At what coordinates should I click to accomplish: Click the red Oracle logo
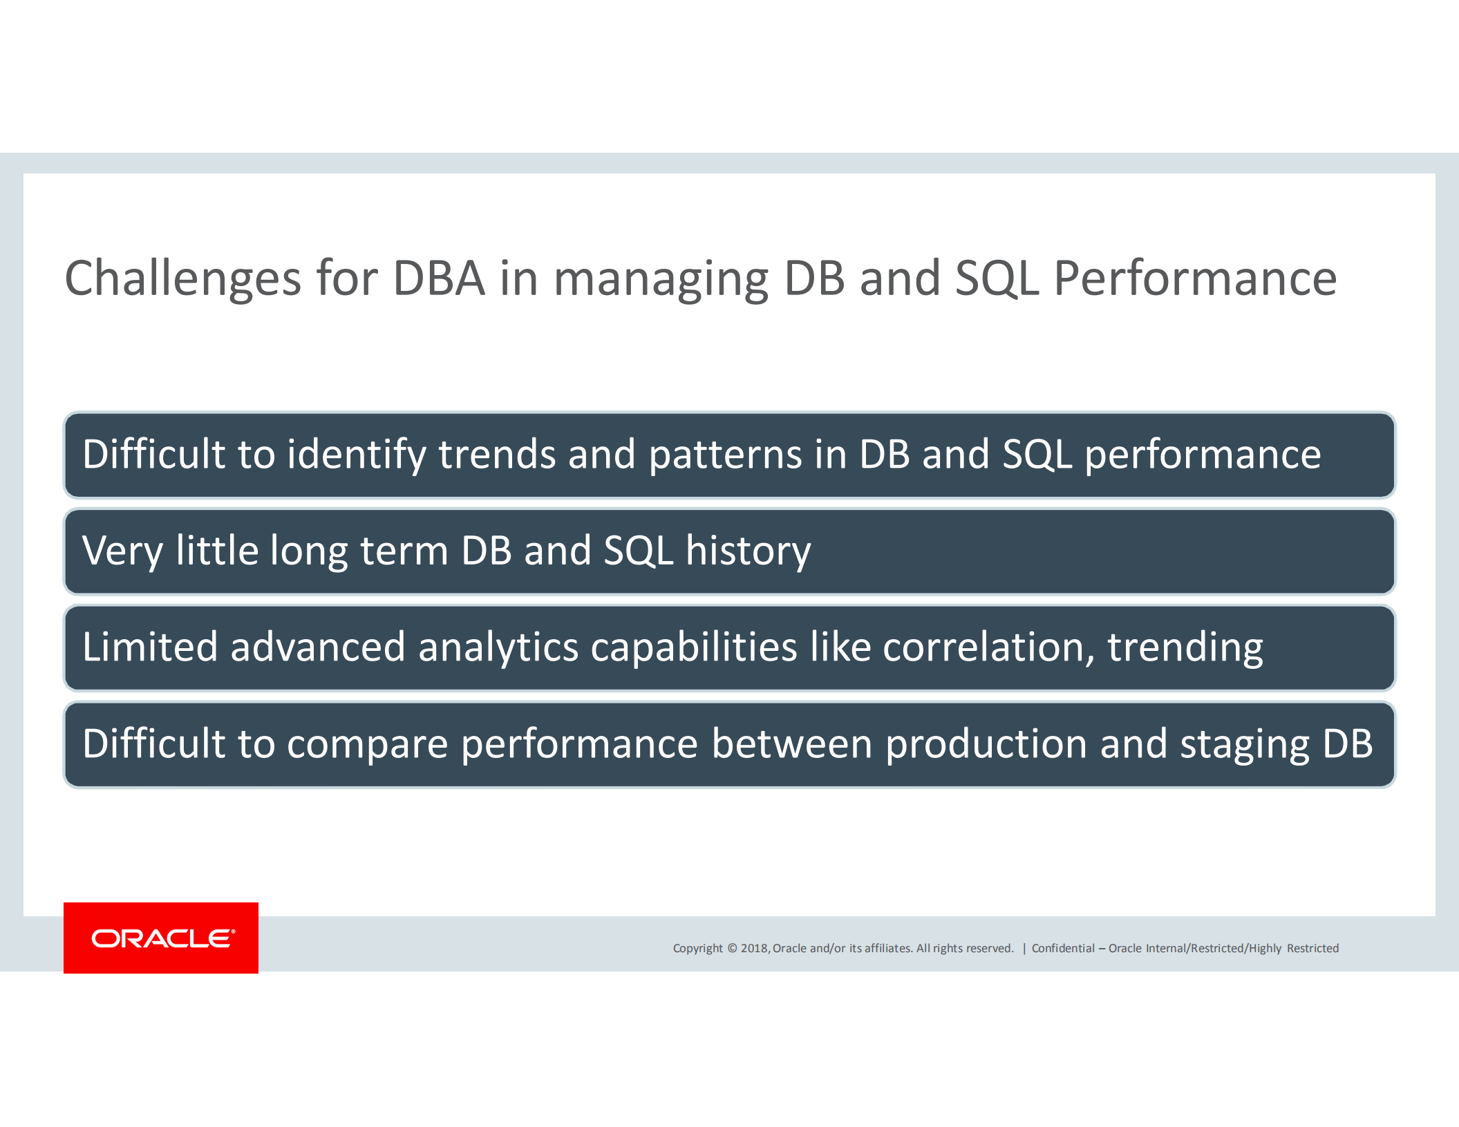(x=161, y=938)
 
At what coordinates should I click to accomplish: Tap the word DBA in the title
(x=439, y=278)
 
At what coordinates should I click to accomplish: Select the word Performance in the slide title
(x=1195, y=278)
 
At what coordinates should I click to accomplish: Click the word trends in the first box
(x=497, y=455)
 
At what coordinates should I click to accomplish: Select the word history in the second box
(x=748, y=551)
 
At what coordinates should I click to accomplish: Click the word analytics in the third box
(x=498, y=648)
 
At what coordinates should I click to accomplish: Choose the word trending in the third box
(x=1185, y=648)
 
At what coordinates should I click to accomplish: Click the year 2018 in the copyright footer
(x=754, y=948)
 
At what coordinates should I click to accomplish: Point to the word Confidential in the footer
(x=1063, y=948)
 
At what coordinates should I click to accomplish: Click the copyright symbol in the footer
(x=732, y=948)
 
